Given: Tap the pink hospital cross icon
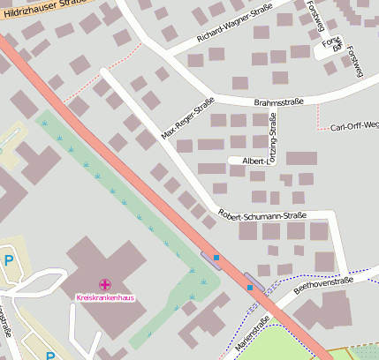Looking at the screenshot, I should point(105,284).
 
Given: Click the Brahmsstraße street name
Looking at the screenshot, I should point(278,102).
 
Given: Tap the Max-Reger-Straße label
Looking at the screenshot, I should point(187,121).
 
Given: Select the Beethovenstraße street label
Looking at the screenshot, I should point(322,282).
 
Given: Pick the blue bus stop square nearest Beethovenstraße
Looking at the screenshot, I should point(250,287).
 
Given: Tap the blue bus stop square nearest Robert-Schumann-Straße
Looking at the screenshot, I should point(216,258).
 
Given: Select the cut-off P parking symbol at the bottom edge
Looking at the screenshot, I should point(50,356).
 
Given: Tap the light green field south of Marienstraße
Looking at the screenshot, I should point(292,344).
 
